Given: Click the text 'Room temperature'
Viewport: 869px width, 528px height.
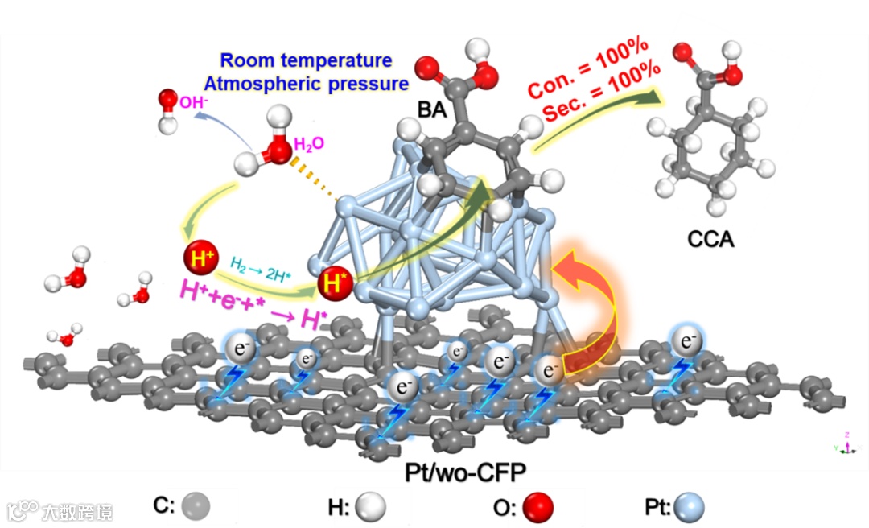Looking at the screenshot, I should click(x=307, y=60).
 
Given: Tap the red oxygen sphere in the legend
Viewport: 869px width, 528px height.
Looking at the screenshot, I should click(x=538, y=507).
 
